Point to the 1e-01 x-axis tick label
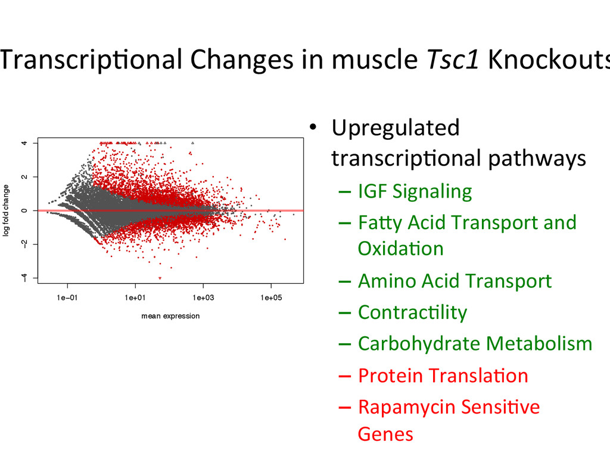(x=67, y=298)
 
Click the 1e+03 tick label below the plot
(x=203, y=298)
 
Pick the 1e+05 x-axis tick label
(x=271, y=298)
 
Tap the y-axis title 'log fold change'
(x=7, y=211)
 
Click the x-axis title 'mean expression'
(x=170, y=316)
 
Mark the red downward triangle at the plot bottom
(x=160, y=278)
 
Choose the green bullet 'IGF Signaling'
(x=415, y=192)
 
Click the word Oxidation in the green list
(x=400, y=248)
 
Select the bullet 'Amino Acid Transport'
(x=455, y=281)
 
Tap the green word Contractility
(x=412, y=312)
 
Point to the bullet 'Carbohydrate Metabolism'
(x=475, y=344)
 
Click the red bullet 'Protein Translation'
(x=443, y=375)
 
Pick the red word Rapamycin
(x=403, y=408)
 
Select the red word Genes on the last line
(x=385, y=434)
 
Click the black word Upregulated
(x=396, y=127)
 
